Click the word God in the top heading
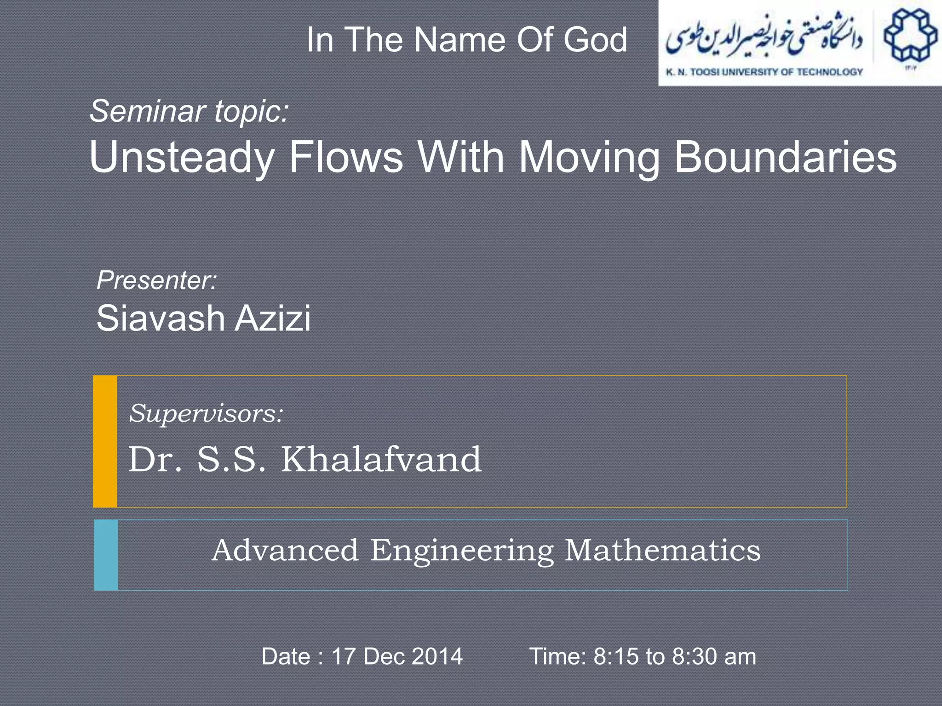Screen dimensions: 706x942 point(595,40)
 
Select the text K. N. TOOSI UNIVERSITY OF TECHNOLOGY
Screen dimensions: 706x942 point(764,72)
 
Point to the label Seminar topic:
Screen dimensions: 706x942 point(189,112)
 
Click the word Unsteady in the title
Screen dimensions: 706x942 point(182,158)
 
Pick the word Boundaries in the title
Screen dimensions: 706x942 point(785,158)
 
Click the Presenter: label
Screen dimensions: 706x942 point(156,280)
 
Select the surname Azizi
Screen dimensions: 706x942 point(273,318)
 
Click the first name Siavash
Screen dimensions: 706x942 point(161,318)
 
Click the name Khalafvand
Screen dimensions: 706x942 point(381,459)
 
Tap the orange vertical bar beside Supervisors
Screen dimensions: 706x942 point(105,441)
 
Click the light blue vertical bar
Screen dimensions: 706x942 point(106,555)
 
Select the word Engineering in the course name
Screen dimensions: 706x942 point(462,551)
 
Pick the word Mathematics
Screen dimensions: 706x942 point(662,550)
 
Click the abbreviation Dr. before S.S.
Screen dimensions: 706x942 point(155,459)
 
